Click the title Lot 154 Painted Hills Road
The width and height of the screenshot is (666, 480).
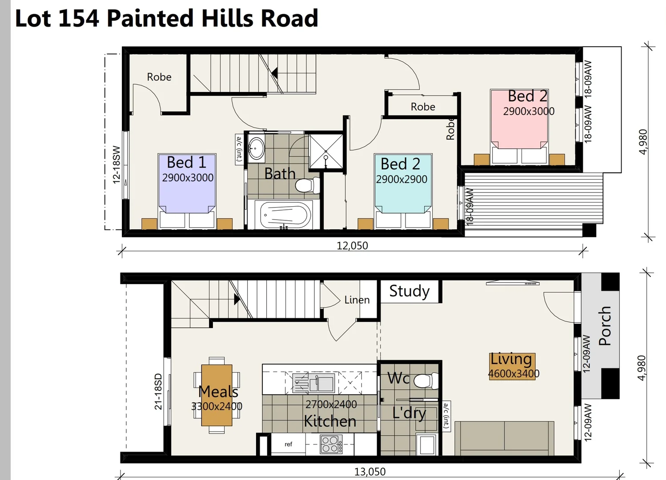click(x=166, y=19)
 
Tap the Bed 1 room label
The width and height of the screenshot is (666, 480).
click(x=187, y=163)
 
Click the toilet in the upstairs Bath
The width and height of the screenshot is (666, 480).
click(x=307, y=185)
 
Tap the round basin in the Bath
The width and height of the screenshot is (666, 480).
click(x=257, y=147)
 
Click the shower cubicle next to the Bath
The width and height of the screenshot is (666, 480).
click(x=326, y=152)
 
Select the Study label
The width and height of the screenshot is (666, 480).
click(x=409, y=291)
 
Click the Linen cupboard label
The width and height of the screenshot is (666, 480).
click(x=357, y=300)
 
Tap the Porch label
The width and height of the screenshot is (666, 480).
click(x=605, y=326)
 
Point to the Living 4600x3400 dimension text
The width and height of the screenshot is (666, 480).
click(x=514, y=374)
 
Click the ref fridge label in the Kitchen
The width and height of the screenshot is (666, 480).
click(x=289, y=444)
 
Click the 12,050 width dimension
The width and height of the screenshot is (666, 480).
click(x=352, y=246)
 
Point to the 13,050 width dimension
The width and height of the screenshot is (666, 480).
click(x=369, y=472)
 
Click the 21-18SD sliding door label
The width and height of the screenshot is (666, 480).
click(x=158, y=391)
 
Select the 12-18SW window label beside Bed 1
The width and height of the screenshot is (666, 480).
click(x=116, y=164)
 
